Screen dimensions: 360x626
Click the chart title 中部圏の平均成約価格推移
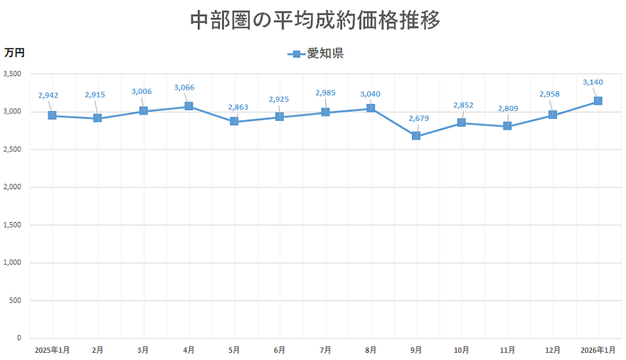[x=315, y=20]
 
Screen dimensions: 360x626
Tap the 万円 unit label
[x=14, y=53]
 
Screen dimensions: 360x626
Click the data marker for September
[x=416, y=136]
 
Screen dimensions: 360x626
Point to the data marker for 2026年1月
[x=598, y=101]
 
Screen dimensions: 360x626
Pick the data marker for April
[x=189, y=106]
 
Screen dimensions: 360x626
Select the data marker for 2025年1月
[x=52, y=115]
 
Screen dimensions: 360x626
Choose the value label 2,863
[x=238, y=107]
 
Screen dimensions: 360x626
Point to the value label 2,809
[x=508, y=108]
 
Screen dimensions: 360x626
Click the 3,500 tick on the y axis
[x=12, y=74]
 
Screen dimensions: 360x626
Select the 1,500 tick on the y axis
[x=12, y=225]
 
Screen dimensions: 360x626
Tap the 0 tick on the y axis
[x=19, y=338]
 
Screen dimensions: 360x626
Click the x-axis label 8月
[x=371, y=350]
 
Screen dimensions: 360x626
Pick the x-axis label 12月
[x=552, y=350]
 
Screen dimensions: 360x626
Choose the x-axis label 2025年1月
[x=52, y=350]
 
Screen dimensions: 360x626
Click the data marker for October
[x=462, y=123]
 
